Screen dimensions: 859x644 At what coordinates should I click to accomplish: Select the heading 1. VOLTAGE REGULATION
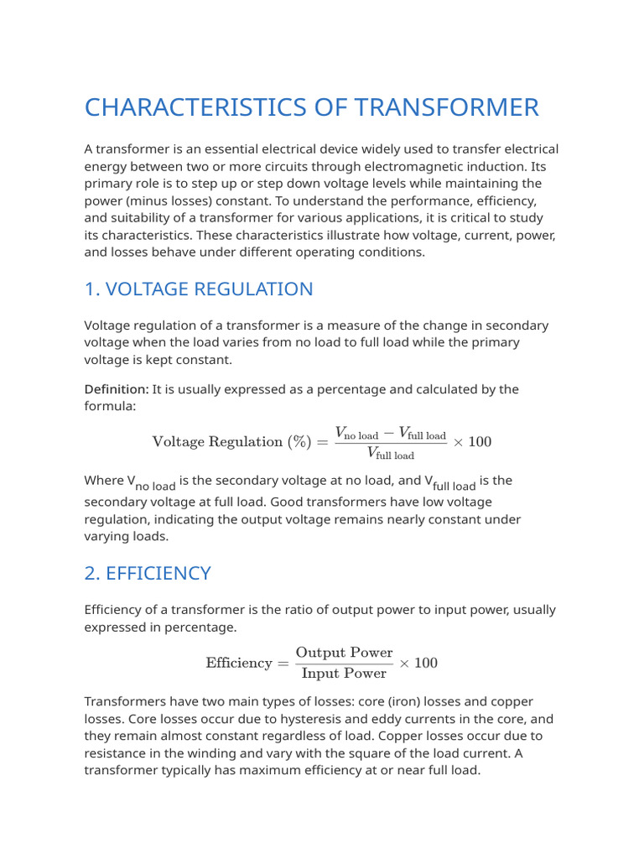(199, 289)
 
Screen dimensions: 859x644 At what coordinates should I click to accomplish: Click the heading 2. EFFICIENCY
(148, 574)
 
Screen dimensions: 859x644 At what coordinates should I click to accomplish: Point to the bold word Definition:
(117, 389)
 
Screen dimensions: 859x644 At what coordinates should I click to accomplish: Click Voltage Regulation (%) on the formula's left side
(230, 442)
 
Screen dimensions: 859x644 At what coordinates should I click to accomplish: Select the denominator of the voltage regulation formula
(391, 454)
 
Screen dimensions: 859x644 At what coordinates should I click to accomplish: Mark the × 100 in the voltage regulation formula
(472, 442)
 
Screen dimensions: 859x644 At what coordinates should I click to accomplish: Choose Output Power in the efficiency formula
(344, 653)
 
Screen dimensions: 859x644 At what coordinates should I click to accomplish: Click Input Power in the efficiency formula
(344, 674)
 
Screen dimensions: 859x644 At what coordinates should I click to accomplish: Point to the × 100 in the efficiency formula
(418, 664)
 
